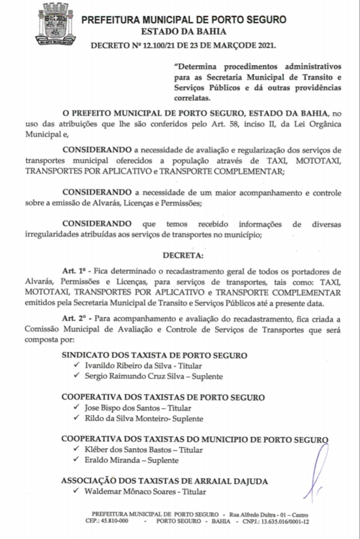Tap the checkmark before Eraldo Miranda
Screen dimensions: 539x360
tap(76, 460)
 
